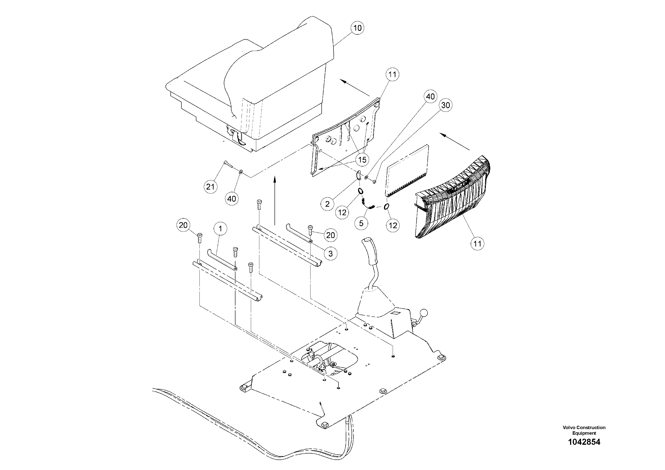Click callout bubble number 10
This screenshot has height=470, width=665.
[357, 28]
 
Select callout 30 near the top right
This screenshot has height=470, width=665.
[445, 105]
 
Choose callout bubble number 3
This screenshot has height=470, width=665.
[330, 254]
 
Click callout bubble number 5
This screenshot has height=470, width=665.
[361, 223]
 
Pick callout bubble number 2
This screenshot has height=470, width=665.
[327, 204]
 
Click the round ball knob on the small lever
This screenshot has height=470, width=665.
[424, 313]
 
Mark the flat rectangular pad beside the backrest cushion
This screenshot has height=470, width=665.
[407, 171]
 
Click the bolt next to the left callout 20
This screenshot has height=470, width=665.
[199, 239]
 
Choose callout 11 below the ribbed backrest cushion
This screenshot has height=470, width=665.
[477, 244]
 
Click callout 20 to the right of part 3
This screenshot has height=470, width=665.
[330, 235]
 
